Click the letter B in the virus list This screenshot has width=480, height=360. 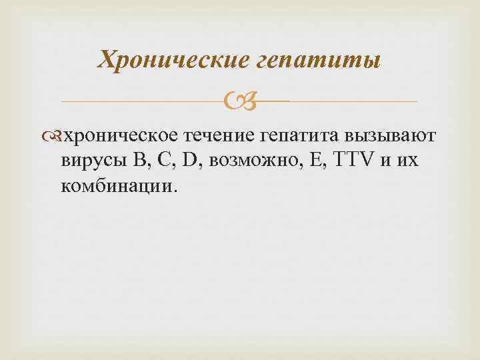139,161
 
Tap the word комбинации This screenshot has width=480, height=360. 116,185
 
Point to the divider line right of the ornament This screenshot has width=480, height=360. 353,101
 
